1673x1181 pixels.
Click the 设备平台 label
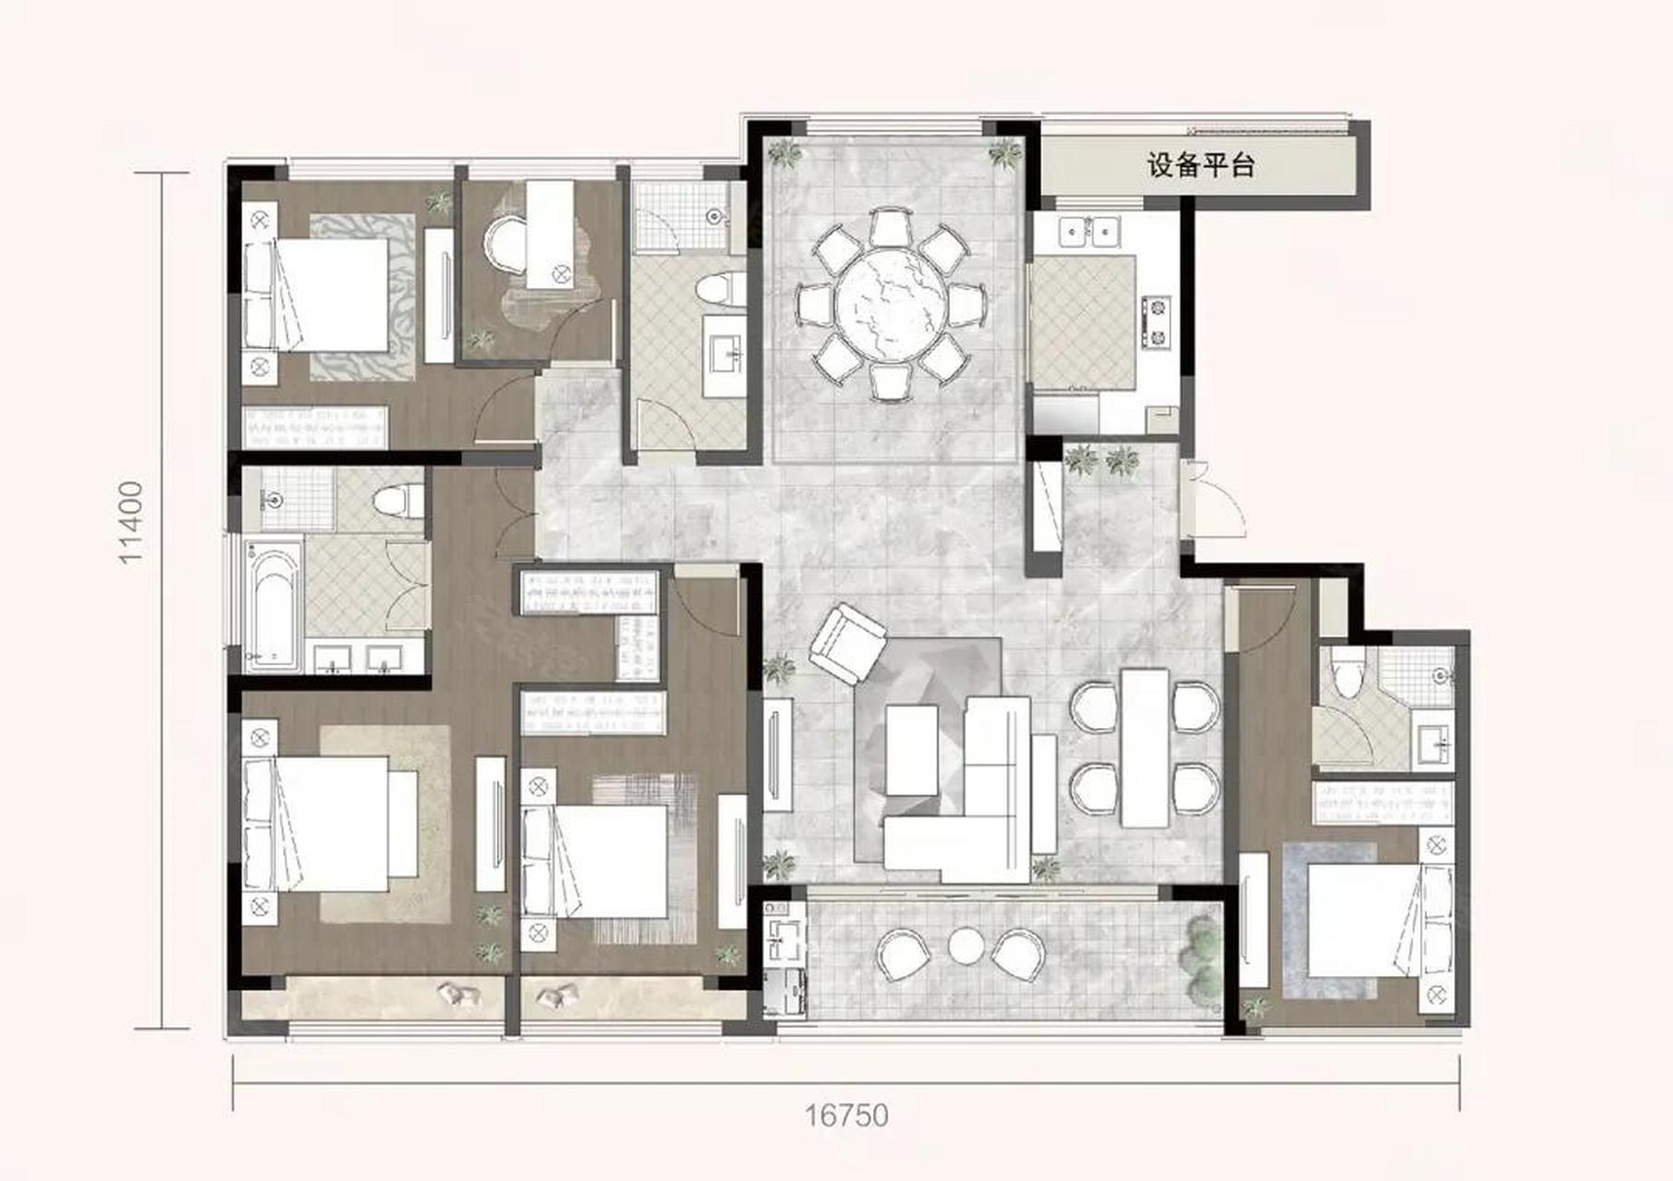(x=1201, y=166)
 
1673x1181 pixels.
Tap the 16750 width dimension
(x=847, y=1115)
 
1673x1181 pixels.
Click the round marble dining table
(x=890, y=304)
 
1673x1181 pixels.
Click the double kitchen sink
(x=1089, y=230)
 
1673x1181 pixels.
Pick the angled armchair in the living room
(x=848, y=643)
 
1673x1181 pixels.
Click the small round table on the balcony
(x=967, y=946)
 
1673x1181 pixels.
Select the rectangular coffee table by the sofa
(x=911, y=750)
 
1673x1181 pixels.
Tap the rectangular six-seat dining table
(x=1145, y=747)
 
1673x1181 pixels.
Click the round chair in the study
(x=504, y=245)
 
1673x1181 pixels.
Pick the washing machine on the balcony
(x=786, y=991)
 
